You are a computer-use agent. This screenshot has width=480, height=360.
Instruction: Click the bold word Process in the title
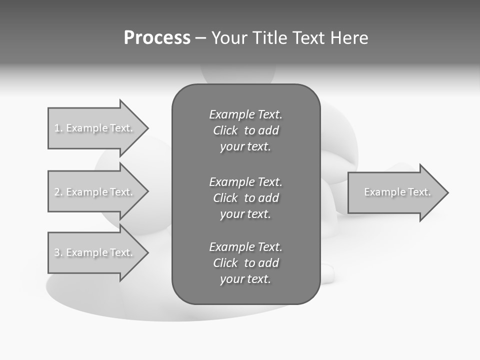coord(157,38)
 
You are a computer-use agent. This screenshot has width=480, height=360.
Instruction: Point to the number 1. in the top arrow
coord(58,128)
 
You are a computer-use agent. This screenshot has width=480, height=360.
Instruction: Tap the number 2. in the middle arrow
coord(58,192)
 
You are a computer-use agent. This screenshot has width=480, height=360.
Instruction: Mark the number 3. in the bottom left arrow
coord(58,252)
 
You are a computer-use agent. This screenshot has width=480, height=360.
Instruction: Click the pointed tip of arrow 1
coord(146,128)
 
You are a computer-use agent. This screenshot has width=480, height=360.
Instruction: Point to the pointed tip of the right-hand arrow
coord(446,192)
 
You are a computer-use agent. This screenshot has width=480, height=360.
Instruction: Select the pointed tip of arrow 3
coord(146,253)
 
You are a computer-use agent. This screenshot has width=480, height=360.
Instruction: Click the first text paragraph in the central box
coord(245,130)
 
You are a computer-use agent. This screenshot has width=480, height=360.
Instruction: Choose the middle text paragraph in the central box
coord(245,197)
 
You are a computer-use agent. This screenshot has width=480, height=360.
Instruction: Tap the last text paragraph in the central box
coord(245,263)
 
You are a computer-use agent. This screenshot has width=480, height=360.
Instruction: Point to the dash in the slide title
coord(200,38)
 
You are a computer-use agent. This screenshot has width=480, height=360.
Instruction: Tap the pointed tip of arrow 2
coord(146,192)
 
